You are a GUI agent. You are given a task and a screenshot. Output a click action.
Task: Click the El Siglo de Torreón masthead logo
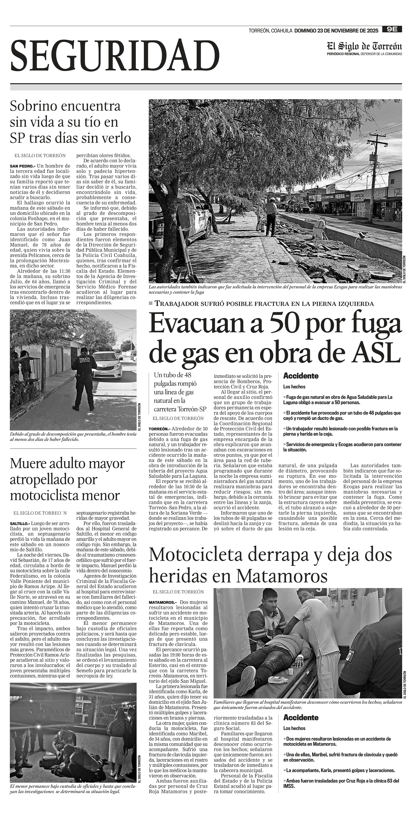[x=364, y=46]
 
